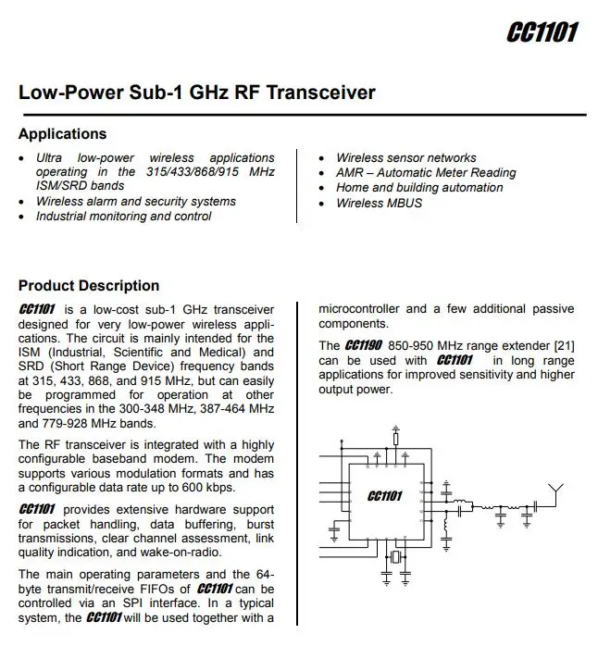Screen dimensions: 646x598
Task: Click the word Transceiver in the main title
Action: pyautogui.click(x=321, y=93)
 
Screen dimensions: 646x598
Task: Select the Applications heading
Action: pyautogui.click(x=62, y=134)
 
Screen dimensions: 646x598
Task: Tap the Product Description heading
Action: pyautogui.click(x=89, y=286)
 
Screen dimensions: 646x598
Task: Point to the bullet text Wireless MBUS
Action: pyautogui.click(x=379, y=203)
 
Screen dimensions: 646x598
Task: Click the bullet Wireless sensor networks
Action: pyautogui.click(x=405, y=158)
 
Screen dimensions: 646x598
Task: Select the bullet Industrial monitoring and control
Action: pyautogui.click(x=123, y=217)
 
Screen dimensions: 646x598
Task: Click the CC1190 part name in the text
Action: pyautogui.click(x=364, y=345)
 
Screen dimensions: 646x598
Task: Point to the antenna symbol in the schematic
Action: pyautogui.click(x=555, y=491)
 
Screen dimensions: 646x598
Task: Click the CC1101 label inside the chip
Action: pyautogui.click(x=385, y=496)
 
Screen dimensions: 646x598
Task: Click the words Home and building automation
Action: pyautogui.click(x=418, y=188)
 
